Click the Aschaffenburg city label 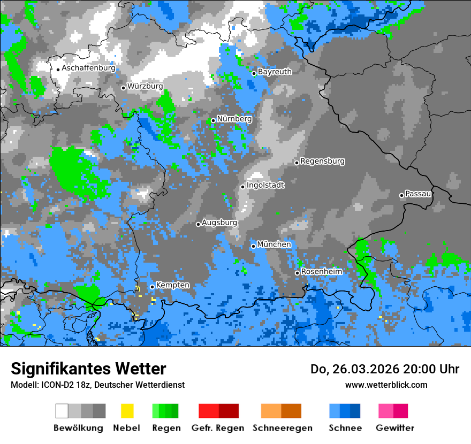(88, 68)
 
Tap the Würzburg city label (145, 86)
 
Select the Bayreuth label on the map (275, 72)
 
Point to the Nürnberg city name (234, 119)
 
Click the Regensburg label (322, 161)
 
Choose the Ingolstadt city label (265, 185)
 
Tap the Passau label (418, 194)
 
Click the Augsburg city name (219, 223)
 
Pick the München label (274, 244)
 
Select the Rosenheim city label (321, 272)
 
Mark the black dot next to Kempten (152, 287)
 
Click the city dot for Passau (401, 195)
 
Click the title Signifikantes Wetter (88, 369)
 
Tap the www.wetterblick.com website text (386, 385)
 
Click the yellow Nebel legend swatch (127, 411)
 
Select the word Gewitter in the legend (395, 428)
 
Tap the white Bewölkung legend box (62, 411)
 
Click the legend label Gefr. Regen (218, 428)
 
